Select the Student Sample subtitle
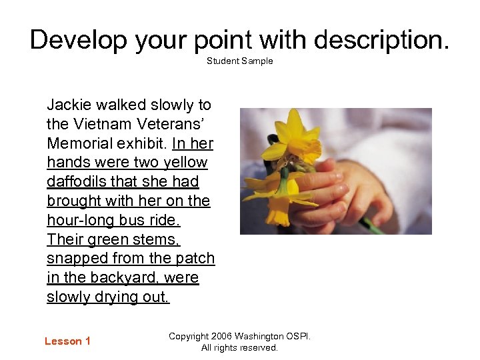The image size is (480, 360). click(x=239, y=61)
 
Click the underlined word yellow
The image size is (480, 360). click(x=184, y=163)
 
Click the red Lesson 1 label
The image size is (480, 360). click(x=67, y=341)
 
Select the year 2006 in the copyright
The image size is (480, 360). click(x=224, y=337)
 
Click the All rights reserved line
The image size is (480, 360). click(x=239, y=348)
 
